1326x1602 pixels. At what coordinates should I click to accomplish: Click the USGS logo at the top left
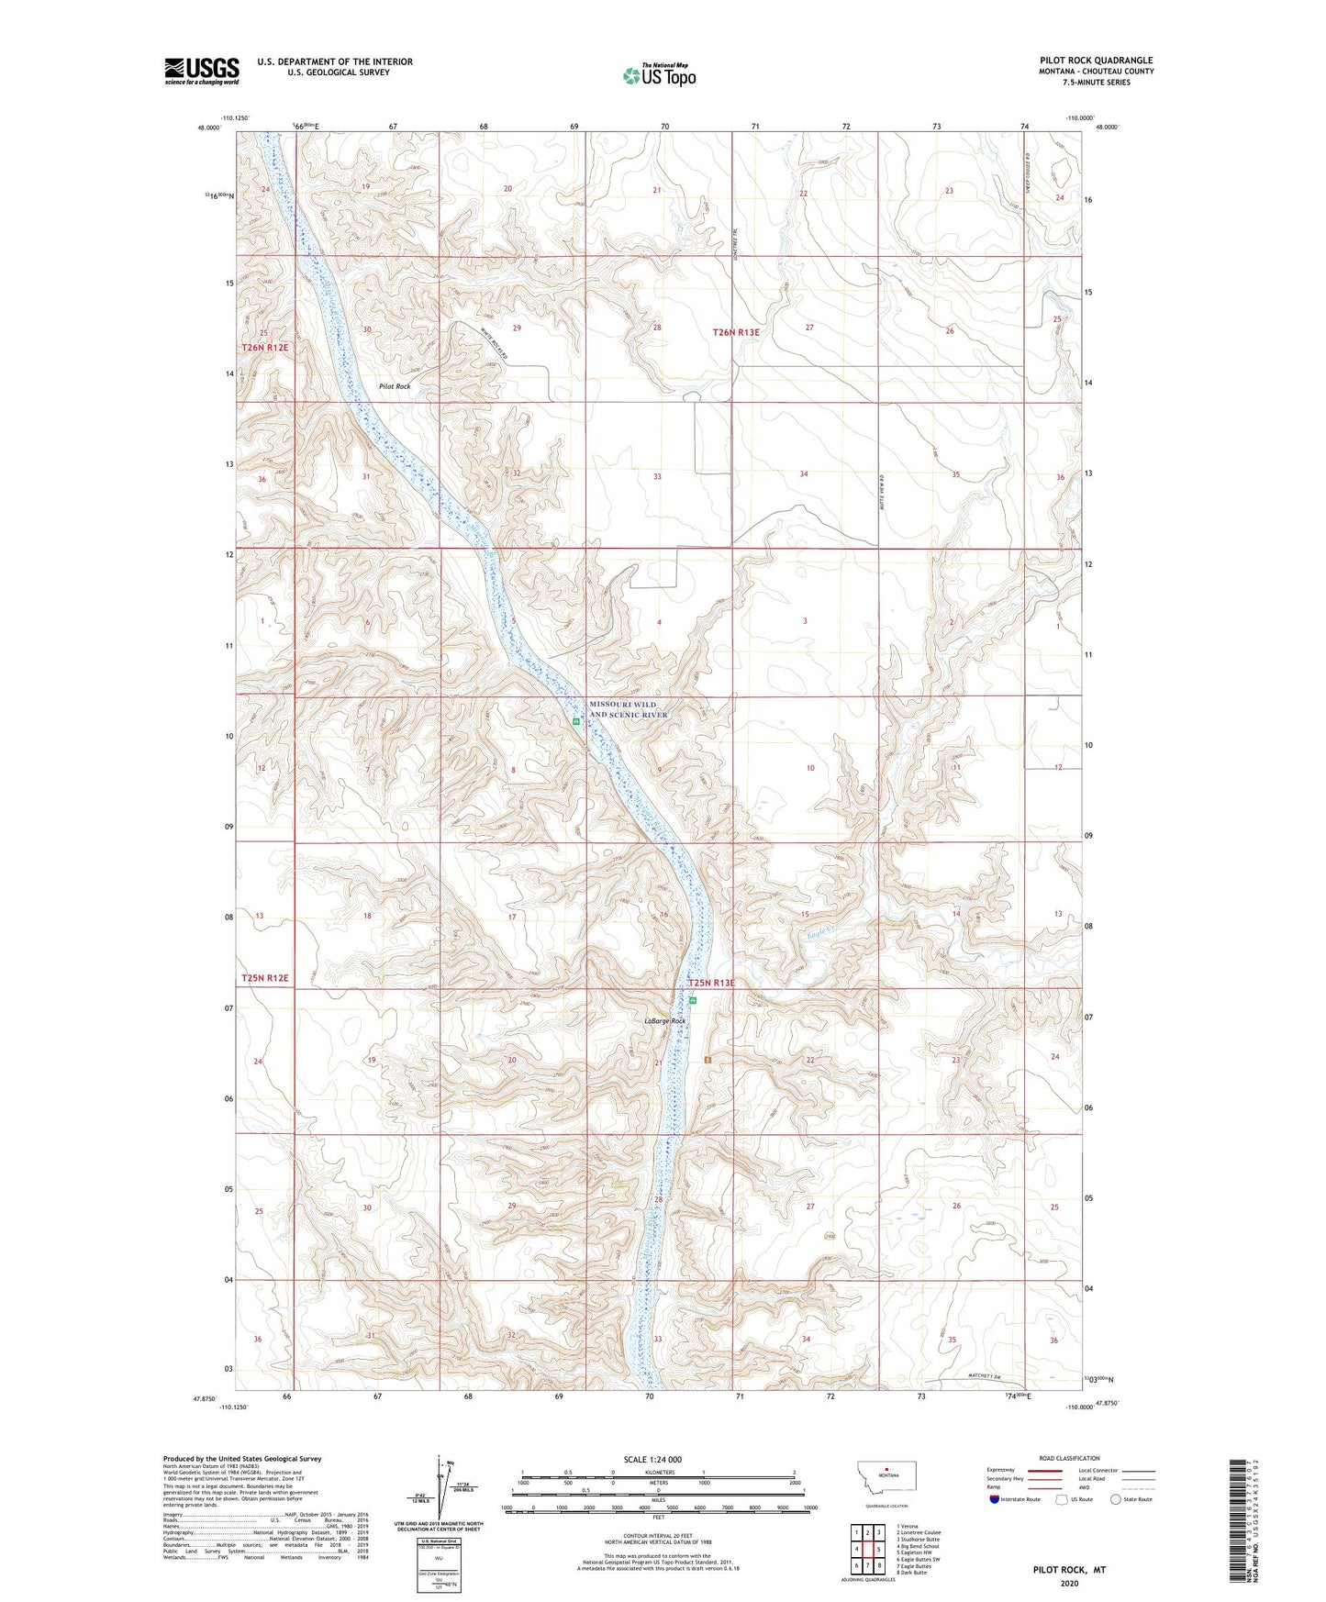pos(201,71)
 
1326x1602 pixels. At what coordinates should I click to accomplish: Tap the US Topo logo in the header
pos(659,75)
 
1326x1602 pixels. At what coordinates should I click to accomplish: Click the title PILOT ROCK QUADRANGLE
pos(1096,61)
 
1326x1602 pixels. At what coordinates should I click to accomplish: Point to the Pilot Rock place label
pos(395,386)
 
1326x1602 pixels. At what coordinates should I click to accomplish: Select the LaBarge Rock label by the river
pos(664,1020)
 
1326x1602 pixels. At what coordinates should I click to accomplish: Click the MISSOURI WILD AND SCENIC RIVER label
pos(629,709)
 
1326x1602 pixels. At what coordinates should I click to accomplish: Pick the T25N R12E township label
pos(265,978)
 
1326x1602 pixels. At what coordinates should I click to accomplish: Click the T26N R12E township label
pos(265,348)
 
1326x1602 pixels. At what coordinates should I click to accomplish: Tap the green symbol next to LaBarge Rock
pos(694,1001)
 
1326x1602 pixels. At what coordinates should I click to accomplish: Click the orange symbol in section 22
pos(708,1060)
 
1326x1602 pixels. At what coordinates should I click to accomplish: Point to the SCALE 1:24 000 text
pos(652,1460)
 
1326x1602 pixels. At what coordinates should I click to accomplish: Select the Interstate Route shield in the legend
pos(995,1499)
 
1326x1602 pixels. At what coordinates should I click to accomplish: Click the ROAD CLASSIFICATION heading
pos(1069,1458)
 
